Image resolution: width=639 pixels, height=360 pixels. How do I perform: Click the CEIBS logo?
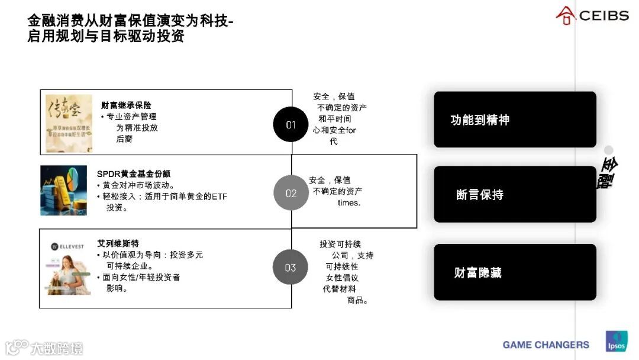coord(592,15)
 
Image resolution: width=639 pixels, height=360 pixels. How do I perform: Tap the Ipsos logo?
coord(615,342)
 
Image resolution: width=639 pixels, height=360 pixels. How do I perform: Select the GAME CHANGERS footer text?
coord(546,345)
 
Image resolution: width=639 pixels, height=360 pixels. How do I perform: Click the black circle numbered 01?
coord(291,124)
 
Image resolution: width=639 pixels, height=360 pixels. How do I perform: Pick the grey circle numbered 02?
coord(291,193)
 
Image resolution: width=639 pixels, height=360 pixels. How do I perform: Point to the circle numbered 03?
coord(290,267)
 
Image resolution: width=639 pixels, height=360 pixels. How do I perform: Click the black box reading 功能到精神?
coord(515,120)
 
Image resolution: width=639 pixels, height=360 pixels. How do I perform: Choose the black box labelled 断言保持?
coord(515,194)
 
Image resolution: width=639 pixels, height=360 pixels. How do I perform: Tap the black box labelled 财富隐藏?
coord(515,272)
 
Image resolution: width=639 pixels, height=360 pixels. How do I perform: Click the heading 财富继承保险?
coord(125,105)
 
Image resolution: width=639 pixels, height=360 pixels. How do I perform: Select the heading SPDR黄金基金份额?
coord(134,174)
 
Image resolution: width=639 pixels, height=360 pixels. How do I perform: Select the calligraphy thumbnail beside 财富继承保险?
coord(69,123)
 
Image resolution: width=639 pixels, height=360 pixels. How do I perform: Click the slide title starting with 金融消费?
coord(130,28)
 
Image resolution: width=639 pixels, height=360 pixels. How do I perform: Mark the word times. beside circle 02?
coord(348,202)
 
